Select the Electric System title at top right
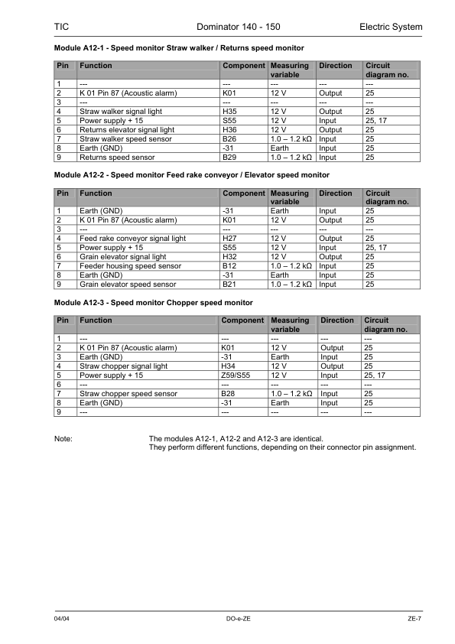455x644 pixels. tap(390, 28)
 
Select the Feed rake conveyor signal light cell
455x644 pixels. tap(132, 239)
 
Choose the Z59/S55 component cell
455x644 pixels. tap(235, 376)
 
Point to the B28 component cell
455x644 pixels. tap(229, 394)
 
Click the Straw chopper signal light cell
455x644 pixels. tap(123, 366)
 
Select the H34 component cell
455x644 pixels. tap(229, 366)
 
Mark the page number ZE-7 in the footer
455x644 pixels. tap(415, 618)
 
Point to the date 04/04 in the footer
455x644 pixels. tap(62, 618)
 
